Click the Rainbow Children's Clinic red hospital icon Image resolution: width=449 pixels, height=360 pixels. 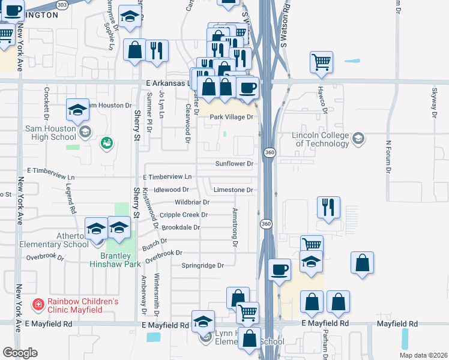point(38,305)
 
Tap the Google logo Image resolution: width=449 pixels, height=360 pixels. point(20,353)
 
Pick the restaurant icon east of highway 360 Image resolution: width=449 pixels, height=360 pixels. point(327,208)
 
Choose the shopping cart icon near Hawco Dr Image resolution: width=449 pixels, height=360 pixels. point(322,61)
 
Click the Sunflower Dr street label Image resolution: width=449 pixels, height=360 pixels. point(235,163)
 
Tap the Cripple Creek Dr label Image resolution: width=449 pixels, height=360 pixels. point(184,215)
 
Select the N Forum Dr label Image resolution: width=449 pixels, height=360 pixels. point(388,157)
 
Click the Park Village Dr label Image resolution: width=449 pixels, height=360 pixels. point(232,117)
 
